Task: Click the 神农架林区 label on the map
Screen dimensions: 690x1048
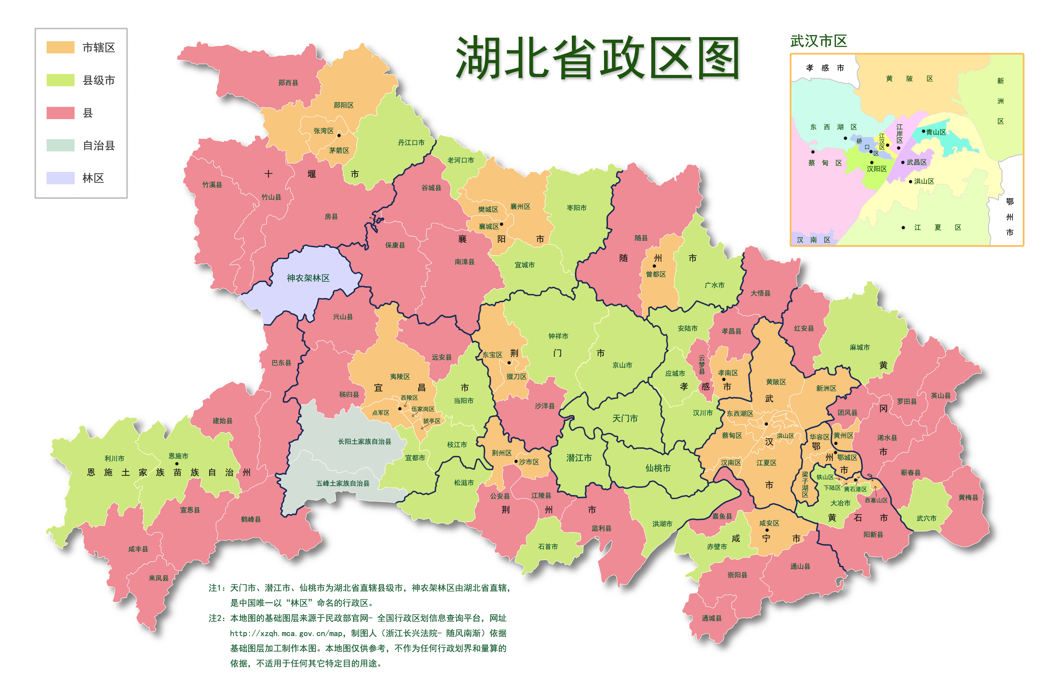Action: [308, 278]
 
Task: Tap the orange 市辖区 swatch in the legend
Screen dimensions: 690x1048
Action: [60, 48]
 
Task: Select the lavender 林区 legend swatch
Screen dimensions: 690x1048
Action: [60, 178]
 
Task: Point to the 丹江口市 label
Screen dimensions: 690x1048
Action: [411, 143]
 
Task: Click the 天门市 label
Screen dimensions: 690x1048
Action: [625, 418]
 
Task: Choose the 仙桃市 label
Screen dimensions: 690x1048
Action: [658, 468]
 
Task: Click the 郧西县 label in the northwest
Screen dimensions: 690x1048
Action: [288, 83]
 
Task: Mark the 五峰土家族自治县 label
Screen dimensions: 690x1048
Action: [343, 484]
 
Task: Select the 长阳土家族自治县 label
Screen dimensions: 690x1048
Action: [364, 442]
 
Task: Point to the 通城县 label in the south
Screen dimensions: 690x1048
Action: [712, 618]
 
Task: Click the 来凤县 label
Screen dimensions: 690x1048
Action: [158, 578]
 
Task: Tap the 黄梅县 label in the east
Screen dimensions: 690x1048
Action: [968, 497]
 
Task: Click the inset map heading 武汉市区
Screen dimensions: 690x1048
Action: [818, 41]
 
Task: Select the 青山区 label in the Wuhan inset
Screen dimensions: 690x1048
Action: [936, 132]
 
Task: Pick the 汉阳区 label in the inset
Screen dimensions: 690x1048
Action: [876, 169]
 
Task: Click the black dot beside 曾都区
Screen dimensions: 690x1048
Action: [654, 266]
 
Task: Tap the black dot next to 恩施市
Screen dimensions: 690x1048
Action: [177, 464]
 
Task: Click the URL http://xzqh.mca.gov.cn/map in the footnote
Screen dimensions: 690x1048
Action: [286, 633]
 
